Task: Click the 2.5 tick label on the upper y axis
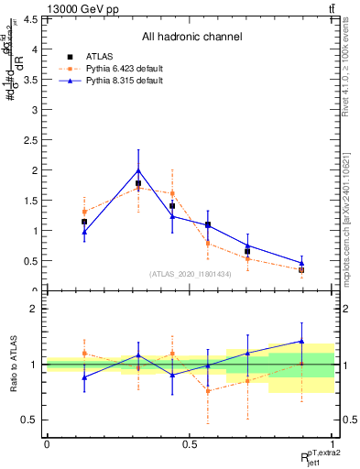point(31,140)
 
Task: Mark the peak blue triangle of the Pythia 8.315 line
point(138,170)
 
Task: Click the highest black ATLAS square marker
point(138,183)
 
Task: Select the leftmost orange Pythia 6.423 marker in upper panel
point(84,212)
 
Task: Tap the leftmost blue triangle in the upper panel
point(84,232)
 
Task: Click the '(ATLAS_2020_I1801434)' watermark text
point(191,274)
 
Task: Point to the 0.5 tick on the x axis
point(189,445)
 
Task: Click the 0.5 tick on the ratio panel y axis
point(31,420)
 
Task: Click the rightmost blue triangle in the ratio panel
point(301,341)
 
